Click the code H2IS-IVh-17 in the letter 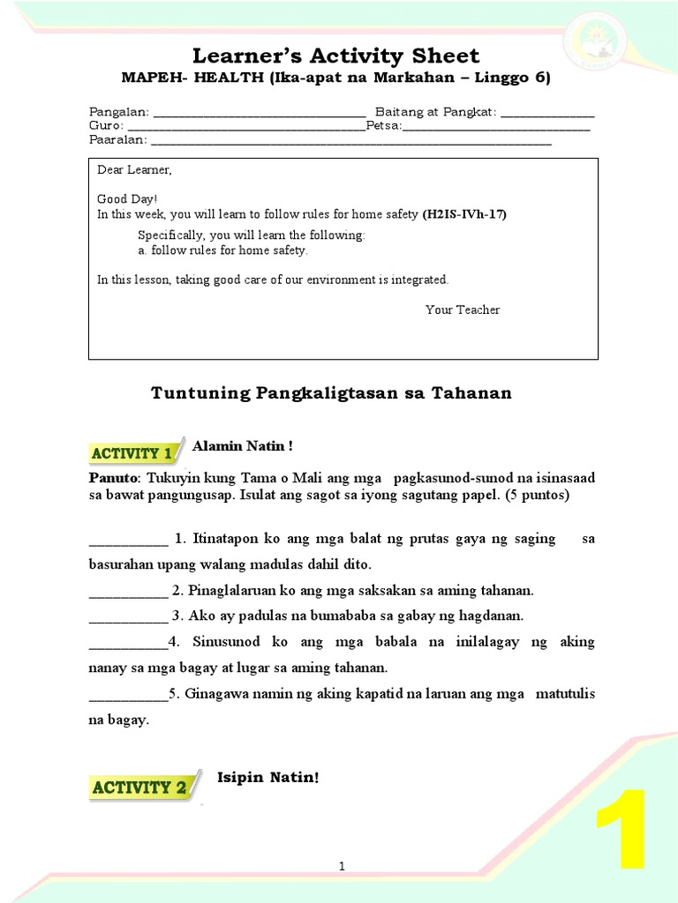(x=464, y=214)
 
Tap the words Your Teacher (x=462, y=310)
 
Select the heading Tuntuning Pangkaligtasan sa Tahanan (x=331, y=393)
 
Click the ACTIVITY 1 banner (x=132, y=452)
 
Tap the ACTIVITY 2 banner (x=139, y=787)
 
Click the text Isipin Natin (x=267, y=777)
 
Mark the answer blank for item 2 (x=128, y=592)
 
